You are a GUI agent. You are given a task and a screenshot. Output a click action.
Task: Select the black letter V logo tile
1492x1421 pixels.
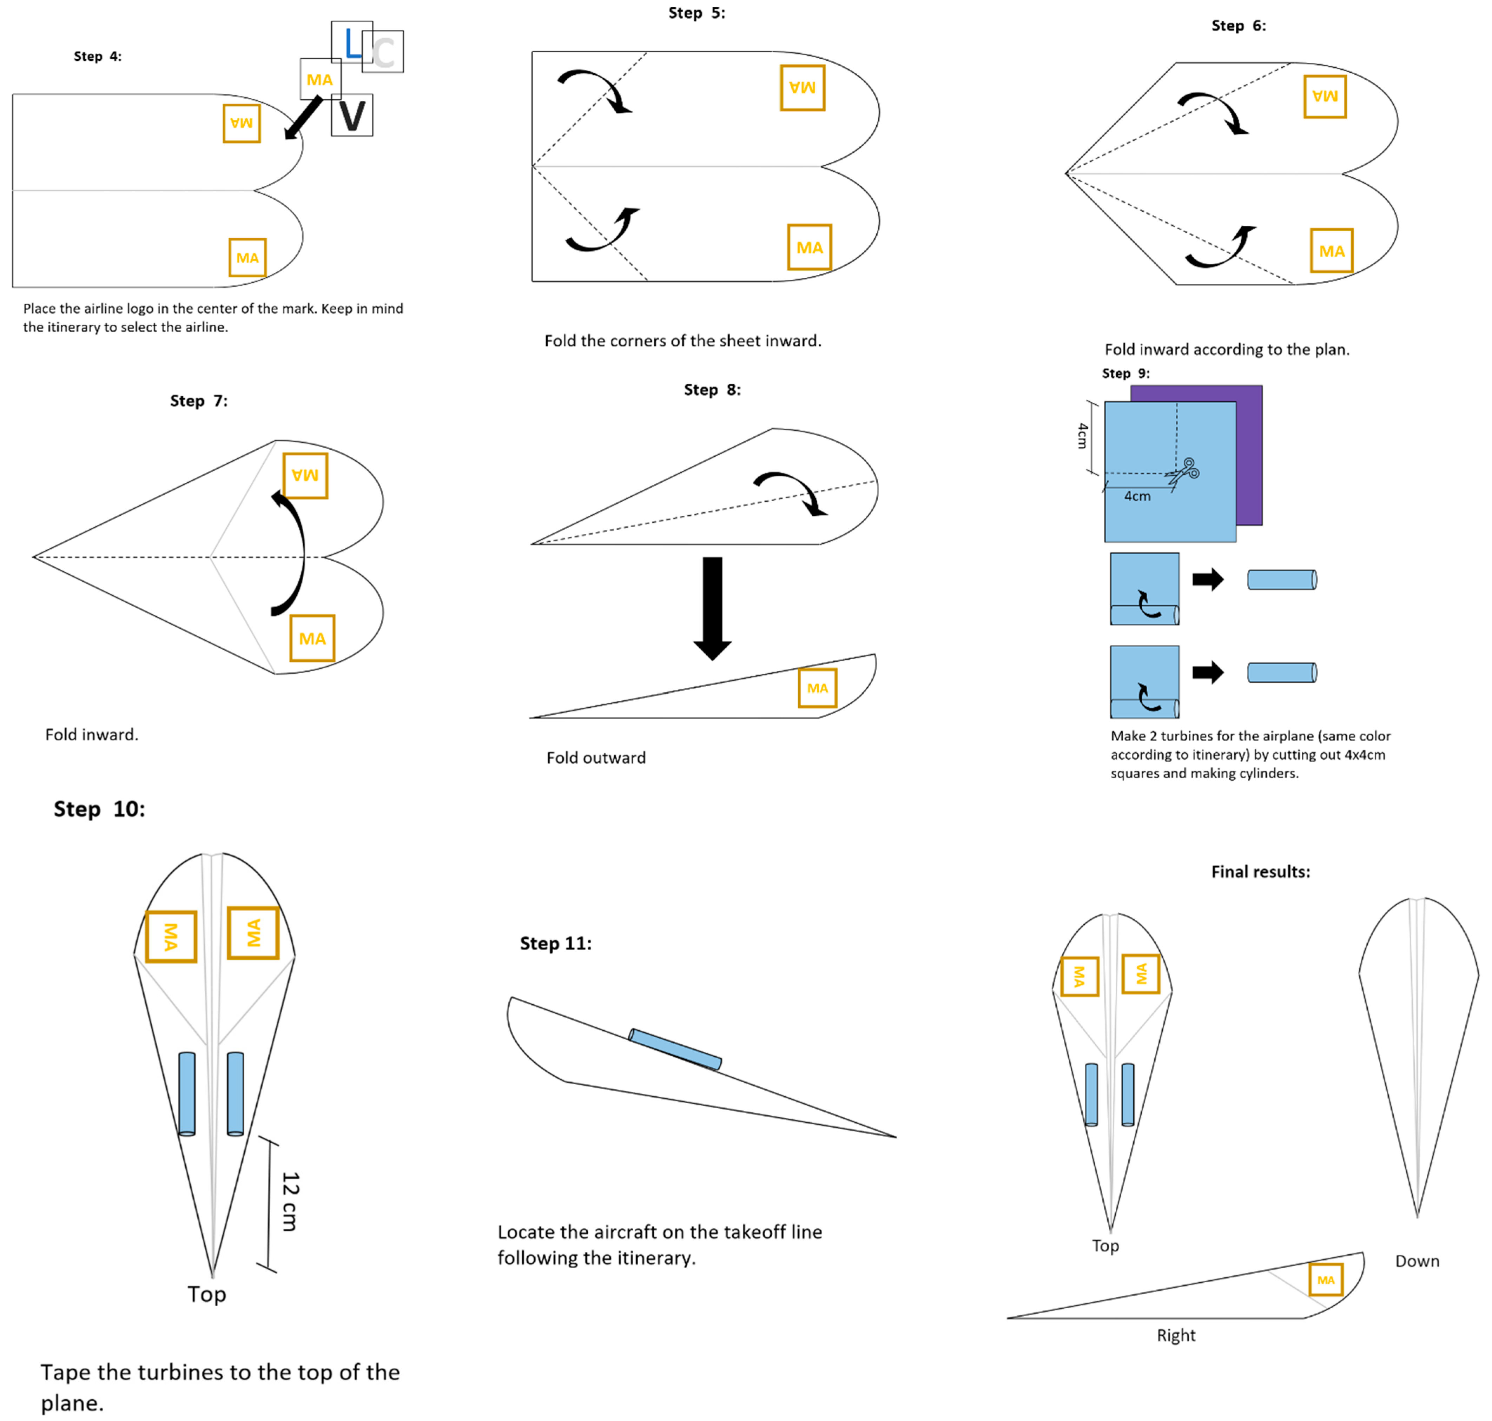(352, 116)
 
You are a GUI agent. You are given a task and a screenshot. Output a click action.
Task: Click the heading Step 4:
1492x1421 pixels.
(97, 56)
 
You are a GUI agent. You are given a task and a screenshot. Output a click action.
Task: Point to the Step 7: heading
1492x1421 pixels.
(198, 401)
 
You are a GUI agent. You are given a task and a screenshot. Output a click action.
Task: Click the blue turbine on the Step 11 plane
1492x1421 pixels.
(675, 1049)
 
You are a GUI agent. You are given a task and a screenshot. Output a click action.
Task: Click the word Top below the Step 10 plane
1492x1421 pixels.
(207, 1294)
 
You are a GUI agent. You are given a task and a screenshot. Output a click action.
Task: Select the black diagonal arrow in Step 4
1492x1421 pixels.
(303, 118)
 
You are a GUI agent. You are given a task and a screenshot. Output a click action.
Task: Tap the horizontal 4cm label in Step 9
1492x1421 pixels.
(1137, 496)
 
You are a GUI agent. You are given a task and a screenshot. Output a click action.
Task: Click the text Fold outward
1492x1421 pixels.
(596, 758)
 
